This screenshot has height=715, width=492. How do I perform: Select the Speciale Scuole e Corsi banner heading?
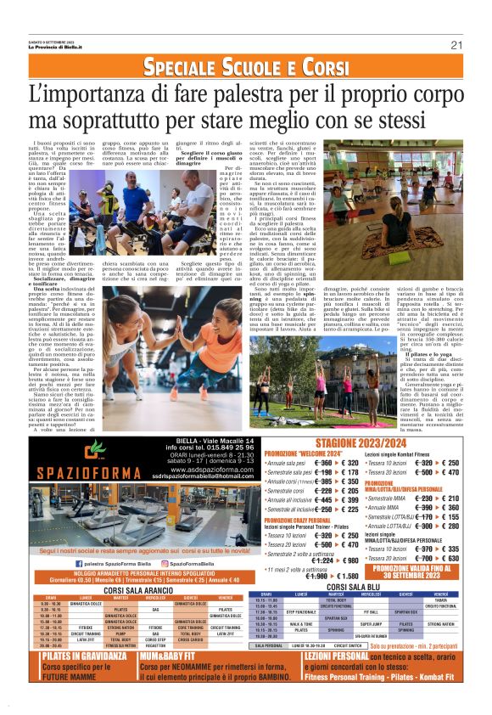click(246, 68)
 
